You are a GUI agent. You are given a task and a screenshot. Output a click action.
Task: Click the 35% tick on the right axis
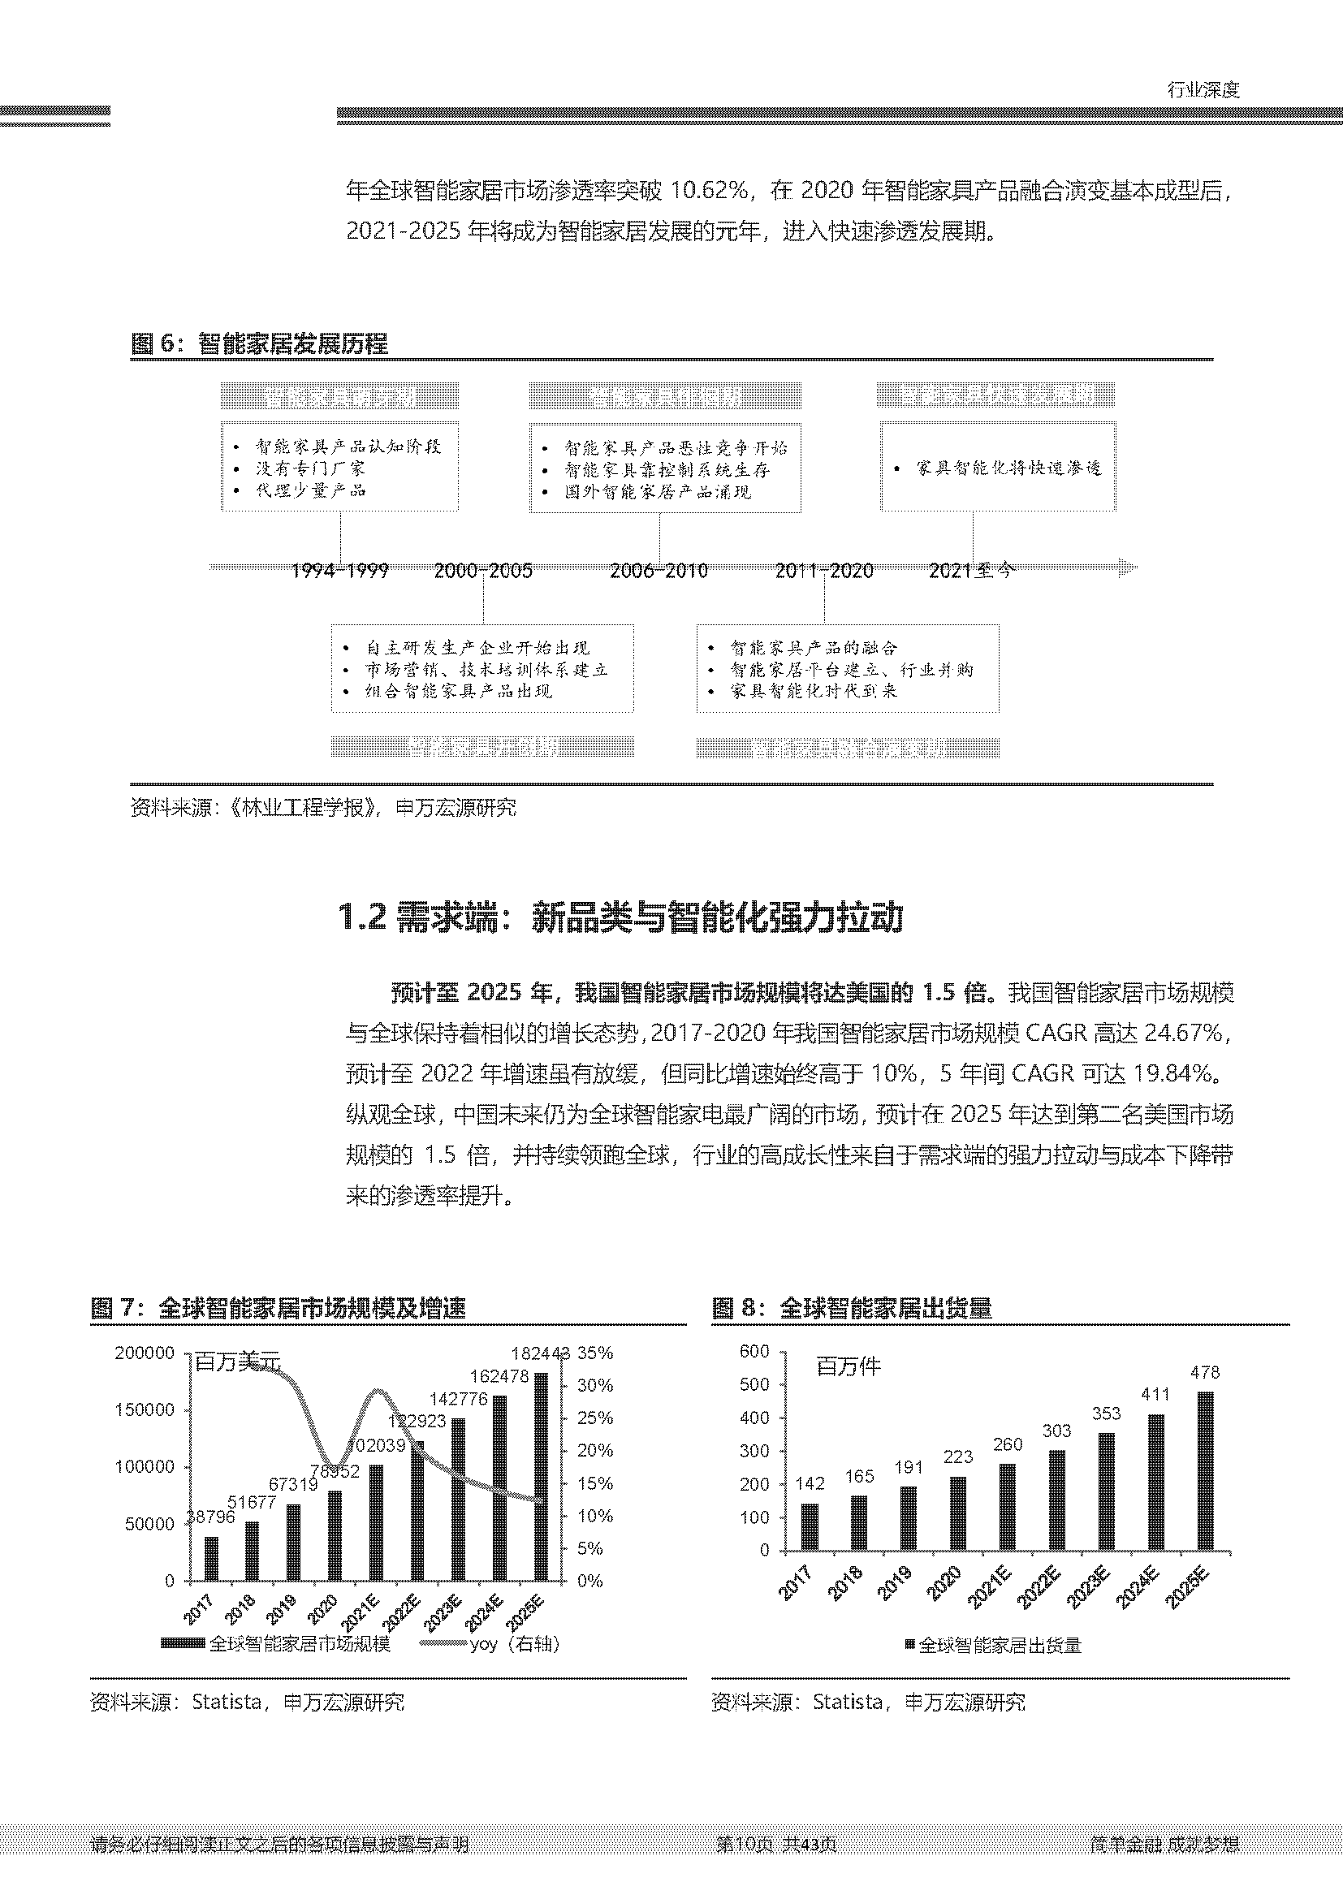click(595, 1353)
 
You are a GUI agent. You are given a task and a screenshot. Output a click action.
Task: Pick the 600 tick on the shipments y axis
click(754, 1352)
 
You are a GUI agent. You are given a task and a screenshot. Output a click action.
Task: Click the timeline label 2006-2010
click(659, 571)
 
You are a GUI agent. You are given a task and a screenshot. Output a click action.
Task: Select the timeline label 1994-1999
click(340, 571)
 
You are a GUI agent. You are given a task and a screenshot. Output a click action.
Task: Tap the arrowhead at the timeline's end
click(1127, 568)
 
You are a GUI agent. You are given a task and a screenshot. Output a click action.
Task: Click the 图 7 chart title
click(279, 1308)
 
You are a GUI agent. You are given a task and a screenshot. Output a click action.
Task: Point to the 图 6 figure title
click(260, 344)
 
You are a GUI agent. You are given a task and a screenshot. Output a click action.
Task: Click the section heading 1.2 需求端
click(620, 917)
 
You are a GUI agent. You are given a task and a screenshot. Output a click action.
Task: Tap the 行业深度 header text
click(1203, 90)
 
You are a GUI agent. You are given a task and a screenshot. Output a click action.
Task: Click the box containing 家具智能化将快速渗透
click(997, 468)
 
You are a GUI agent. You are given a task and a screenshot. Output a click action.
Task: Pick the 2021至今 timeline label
click(972, 570)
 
